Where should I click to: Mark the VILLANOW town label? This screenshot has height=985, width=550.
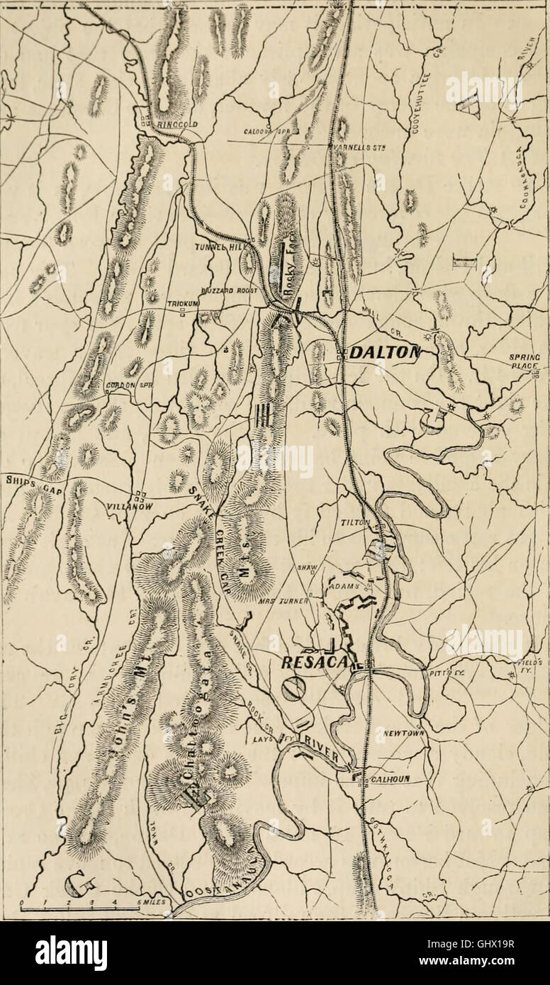(128, 507)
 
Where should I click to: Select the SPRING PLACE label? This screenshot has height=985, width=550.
(524, 361)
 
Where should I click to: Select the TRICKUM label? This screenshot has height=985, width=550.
(181, 304)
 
